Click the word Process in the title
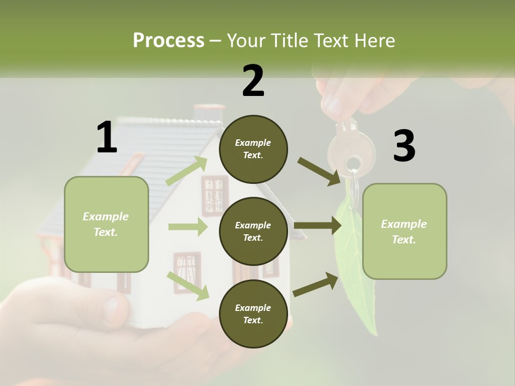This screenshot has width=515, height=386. [168, 41]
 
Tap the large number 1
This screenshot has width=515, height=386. [107, 138]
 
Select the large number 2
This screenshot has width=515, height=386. [253, 81]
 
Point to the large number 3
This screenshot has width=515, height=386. [404, 146]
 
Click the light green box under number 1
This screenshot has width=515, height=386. [106, 224]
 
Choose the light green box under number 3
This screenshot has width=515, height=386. [404, 232]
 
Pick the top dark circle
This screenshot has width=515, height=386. [253, 149]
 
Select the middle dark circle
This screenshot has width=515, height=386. [253, 231]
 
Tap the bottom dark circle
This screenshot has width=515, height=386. [253, 314]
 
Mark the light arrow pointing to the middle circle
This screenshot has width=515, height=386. [188, 227]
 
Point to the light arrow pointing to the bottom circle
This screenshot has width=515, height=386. [188, 285]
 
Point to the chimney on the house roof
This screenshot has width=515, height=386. [209, 113]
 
